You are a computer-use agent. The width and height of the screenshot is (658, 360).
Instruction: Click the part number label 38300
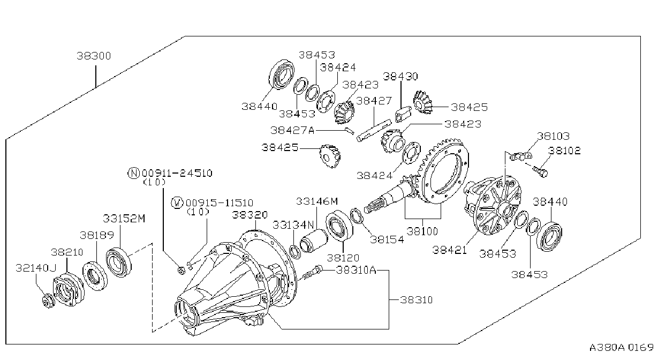click(x=94, y=56)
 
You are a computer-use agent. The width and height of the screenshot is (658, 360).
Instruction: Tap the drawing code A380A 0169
click(x=622, y=348)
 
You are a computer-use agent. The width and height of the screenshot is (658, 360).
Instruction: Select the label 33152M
click(x=124, y=219)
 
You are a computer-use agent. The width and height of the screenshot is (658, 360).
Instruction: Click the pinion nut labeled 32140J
click(x=48, y=301)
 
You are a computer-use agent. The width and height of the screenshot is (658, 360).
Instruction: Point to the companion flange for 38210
click(x=68, y=290)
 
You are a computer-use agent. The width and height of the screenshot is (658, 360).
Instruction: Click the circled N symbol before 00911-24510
click(x=134, y=173)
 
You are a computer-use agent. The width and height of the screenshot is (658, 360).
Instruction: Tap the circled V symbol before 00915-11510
click(x=177, y=203)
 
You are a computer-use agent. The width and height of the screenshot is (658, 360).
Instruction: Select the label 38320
click(x=249, y=215)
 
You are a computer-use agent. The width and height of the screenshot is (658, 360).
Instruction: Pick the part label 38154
click(x=387, y=239)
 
